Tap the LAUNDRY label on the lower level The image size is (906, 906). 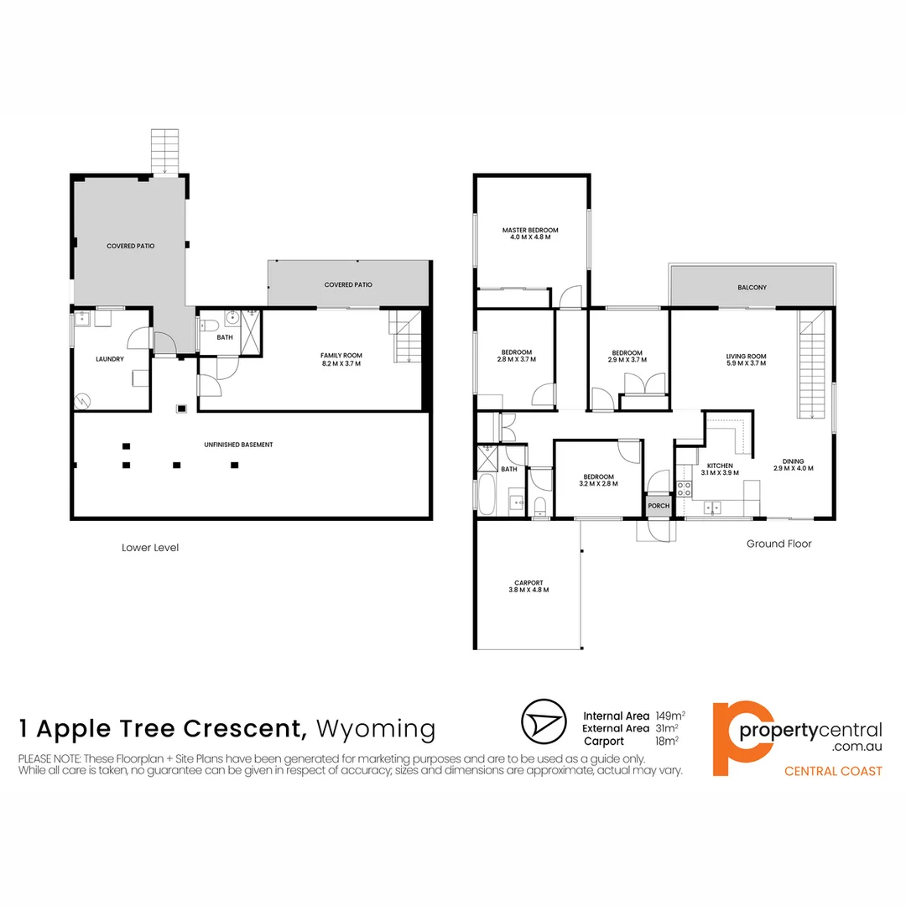click(110, 360)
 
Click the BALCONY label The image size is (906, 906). click(752, 288)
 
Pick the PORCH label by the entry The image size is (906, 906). click(659, 506)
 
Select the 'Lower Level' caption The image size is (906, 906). click(150, 548)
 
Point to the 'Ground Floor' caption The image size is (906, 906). click(779, 544)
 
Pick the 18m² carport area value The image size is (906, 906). click(667, 742)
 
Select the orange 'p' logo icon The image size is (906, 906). click(729, 738)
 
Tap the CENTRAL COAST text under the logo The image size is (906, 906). click(832, 771)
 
